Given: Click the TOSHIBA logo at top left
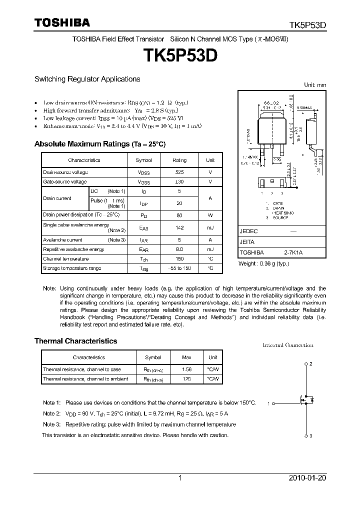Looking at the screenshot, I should pos(62,22).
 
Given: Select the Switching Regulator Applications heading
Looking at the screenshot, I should pos(87,79).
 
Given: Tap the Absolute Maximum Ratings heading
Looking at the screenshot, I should pos(99,144).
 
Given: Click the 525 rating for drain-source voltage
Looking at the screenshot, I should pos(179,171).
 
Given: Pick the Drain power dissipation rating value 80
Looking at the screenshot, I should pos(179,215).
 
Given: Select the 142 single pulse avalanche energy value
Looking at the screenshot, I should pos(179,228).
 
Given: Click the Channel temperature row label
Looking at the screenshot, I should pos(66,259).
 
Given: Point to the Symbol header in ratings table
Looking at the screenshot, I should pos(144,160).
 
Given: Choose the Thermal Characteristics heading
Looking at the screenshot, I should pos(75,341).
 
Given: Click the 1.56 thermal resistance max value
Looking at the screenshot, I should pos(186,369).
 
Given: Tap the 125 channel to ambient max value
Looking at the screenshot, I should pos(186,379).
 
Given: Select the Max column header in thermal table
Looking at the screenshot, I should pos(186,357).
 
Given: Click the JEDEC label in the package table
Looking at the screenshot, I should pos(248,231).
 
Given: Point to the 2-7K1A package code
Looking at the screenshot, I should pos(293,253).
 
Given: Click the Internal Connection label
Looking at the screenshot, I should pos(288,345).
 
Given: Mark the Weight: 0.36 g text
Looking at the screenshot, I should pos(264,263).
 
